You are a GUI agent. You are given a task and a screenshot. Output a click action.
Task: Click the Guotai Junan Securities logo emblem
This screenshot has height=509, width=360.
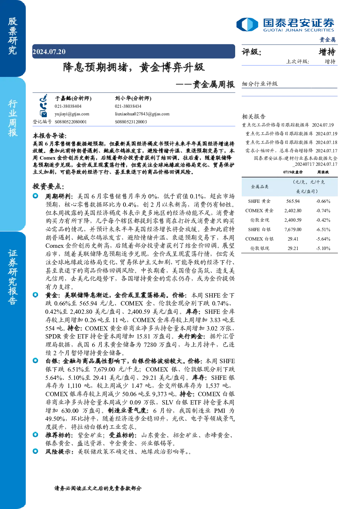[x=247, y=24]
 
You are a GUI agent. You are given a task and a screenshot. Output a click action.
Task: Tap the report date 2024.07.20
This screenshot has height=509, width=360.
[x=49, y=52]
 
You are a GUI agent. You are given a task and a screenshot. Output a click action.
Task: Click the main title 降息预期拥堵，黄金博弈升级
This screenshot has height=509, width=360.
[x=134, y=67]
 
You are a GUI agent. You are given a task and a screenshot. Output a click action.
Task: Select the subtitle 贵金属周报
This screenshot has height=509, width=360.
[x=214, y=85]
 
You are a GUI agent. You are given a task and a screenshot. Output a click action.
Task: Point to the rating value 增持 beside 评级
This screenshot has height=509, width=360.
[x=327, y=52]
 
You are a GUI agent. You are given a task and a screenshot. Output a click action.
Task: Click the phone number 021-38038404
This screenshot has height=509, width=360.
[x=68, y=106]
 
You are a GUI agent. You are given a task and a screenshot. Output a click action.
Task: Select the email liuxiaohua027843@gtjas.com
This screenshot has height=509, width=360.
[x=142, y=114]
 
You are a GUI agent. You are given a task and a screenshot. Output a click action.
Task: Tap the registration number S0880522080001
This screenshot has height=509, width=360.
[x=71, y=122]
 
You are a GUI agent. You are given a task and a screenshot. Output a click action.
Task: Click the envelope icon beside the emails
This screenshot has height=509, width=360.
[x=43, y=114]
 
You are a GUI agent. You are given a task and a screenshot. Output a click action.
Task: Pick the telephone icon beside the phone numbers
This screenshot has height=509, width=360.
[x=43, y=106]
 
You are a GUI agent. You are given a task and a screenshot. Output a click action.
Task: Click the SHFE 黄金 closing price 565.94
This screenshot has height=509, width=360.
[x=293, y=201]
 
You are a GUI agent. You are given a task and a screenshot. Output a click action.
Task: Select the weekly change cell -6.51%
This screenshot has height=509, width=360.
[x=323, y=230]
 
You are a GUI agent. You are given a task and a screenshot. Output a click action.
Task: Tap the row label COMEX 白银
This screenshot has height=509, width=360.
[x=259, y=239]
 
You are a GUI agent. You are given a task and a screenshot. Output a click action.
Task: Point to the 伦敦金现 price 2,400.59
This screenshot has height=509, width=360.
[x=293, y=220]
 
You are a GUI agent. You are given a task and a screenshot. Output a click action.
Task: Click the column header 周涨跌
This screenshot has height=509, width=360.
[x=323, y=172]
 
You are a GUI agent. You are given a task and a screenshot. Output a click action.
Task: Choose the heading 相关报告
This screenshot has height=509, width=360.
[x=253, y=116]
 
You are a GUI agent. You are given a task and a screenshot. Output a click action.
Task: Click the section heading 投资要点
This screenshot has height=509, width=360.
[x=48, y=186]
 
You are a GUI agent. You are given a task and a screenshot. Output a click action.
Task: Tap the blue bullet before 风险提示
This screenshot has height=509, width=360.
[x=36, y=451]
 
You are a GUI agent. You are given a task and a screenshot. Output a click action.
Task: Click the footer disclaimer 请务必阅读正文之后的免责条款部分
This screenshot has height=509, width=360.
[x=98, y=488]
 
